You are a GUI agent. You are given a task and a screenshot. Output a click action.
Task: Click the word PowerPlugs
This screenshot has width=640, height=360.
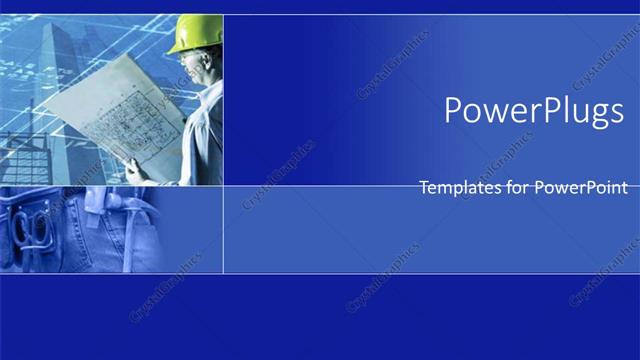pos(534,111)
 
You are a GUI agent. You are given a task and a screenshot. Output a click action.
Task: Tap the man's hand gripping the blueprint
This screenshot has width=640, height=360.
pos(136,169)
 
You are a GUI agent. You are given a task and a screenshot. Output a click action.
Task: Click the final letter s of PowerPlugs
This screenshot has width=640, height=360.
pos(616,112)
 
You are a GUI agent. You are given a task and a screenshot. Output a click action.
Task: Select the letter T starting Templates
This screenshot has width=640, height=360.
pos(424,187)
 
